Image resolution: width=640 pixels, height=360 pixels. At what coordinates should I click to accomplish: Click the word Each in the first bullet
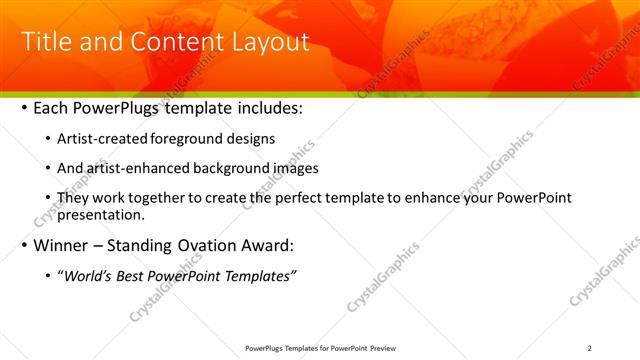(52, 107)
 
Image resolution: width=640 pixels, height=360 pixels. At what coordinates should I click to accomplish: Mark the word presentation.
(103, 214)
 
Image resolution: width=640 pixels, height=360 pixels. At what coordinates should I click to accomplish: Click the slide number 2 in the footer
(590, 348)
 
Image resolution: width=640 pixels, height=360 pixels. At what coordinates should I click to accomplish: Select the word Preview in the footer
(391, 348)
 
